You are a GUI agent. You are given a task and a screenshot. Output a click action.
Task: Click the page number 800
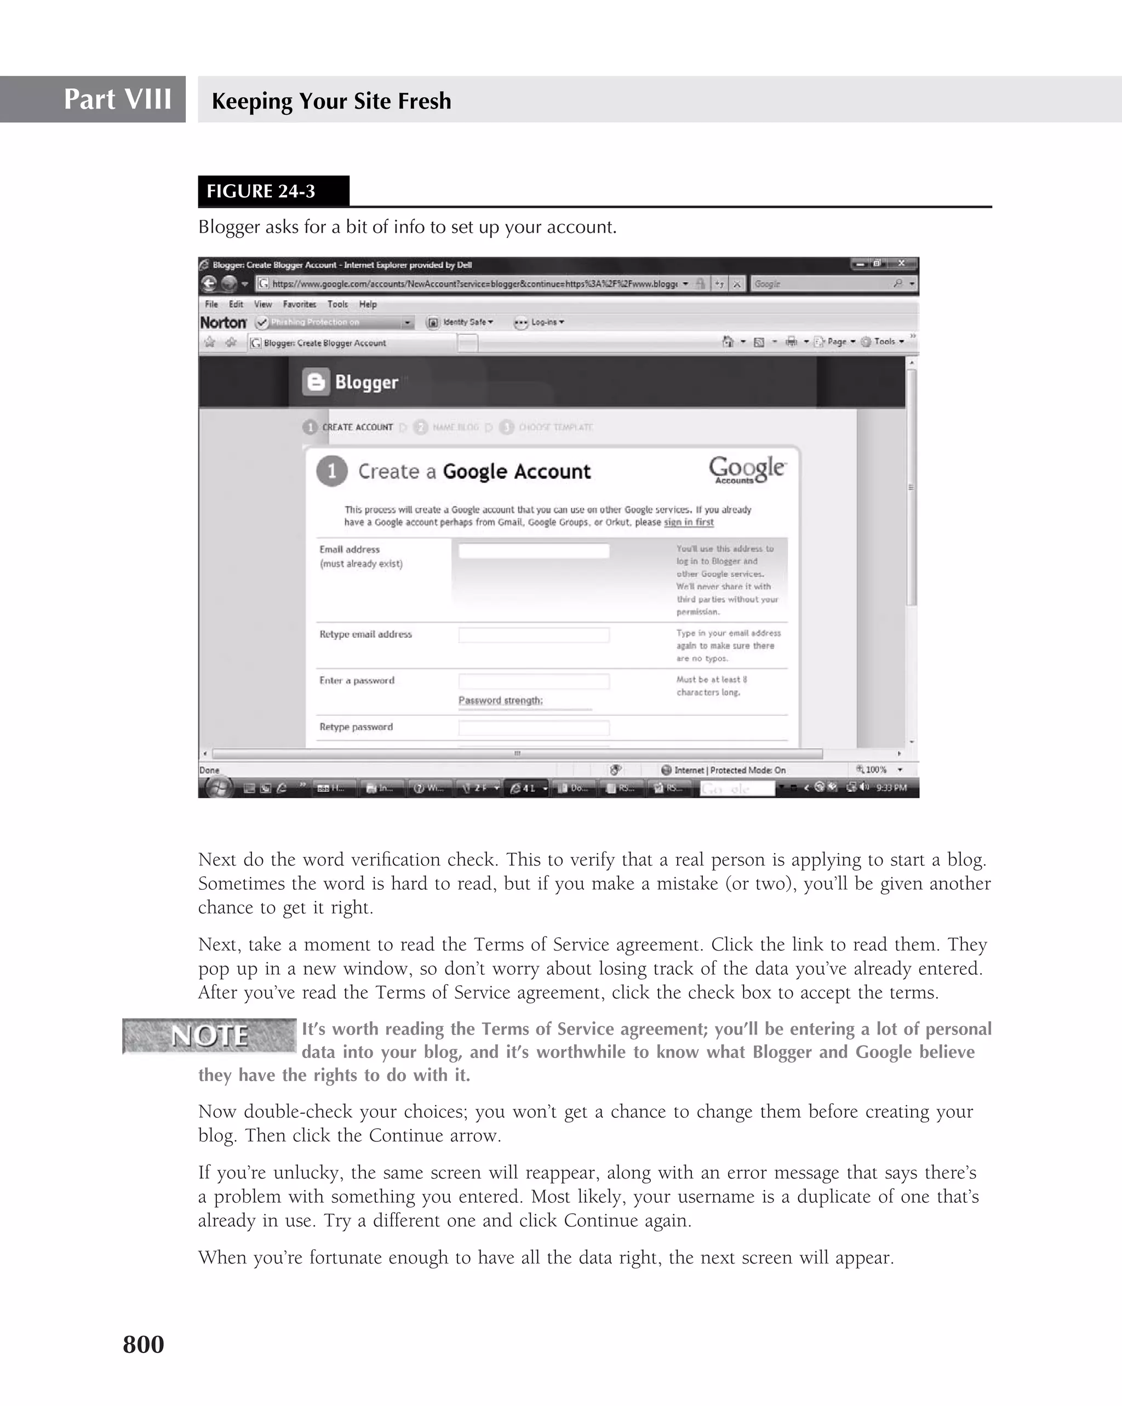pos(144,1344)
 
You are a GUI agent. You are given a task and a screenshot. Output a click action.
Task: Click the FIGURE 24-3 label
pos(261,191)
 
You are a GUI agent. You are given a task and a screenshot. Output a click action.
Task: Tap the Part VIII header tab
pos(117,99)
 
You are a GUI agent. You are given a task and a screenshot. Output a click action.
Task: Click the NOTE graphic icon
pos(209,1036)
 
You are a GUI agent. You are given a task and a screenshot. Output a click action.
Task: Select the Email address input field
pos(533,551)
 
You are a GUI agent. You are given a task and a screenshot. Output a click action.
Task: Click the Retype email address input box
pos(533,635)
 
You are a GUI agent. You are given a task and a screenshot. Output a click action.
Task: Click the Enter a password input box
pos(533,682)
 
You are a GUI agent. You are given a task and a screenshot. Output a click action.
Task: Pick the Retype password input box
pos(533,728)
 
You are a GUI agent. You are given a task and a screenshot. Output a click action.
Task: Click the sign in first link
pos(689,522)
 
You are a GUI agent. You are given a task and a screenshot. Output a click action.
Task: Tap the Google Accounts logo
pos(747,470)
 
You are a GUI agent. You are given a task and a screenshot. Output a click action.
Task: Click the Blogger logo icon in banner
pos(316,382)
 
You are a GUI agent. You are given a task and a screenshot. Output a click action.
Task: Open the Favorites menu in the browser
pos(299,305)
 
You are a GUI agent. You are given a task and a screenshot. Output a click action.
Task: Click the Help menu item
pos(368,305)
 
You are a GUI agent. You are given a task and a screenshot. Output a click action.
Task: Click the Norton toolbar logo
pos(223,323)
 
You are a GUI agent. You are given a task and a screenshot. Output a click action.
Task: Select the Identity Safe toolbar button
pos(460,322)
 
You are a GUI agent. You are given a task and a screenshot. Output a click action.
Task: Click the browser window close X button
pos(901,264)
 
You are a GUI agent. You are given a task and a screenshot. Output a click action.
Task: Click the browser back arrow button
pos(209,284)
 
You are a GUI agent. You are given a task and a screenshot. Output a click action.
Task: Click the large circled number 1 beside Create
pos(332,471)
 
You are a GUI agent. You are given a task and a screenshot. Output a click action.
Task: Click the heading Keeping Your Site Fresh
pos(331,101)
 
